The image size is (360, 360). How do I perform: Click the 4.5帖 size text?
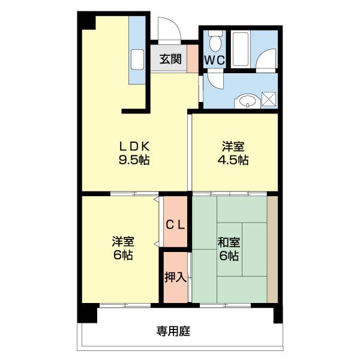pos(233,160)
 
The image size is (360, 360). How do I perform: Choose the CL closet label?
pos(176,225)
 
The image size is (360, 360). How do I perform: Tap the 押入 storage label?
pos(176,277)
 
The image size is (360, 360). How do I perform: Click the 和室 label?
pos(229,242)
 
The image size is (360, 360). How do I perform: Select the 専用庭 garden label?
pos(174,331)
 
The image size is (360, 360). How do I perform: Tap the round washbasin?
pos(247,101)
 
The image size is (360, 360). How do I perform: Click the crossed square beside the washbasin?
pos(268,100)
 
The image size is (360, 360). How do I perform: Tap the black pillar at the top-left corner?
pos(87,20)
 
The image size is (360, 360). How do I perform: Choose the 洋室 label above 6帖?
pos(123,242)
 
